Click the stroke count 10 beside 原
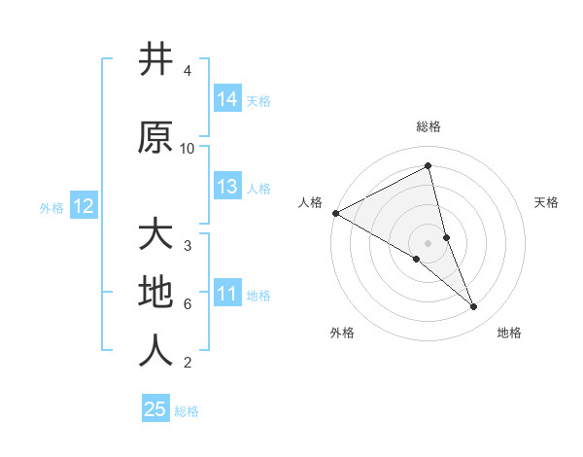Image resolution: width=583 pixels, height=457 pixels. click(x=188, y=148)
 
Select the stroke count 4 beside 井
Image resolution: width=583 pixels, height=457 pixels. click(x=188, y=71)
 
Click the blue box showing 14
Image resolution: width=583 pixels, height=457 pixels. click(x=227, y=99)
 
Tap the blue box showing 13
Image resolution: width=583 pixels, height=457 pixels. click(x=227, y=187)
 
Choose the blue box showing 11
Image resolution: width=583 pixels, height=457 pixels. click(x=227, y=294)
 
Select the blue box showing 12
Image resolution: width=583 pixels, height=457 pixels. click(x=83, y=206)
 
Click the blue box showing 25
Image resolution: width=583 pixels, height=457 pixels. click(x=155, y=409)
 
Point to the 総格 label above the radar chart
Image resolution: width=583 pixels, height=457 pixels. click(x=429, y=126)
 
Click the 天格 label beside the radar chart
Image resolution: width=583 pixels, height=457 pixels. click(x=547, y=202)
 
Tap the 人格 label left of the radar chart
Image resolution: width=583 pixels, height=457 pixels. click(x=311, y=202)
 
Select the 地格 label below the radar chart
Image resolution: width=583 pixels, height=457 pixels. click(x=509, y=334)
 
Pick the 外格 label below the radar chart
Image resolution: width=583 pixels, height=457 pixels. click(x=342, y=334)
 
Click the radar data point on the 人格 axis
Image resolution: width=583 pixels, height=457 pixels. click(x=335, y=213)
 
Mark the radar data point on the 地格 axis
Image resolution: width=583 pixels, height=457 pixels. click(x=474, y=307)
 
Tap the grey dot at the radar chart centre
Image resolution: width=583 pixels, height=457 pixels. click(x=429, y=242)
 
